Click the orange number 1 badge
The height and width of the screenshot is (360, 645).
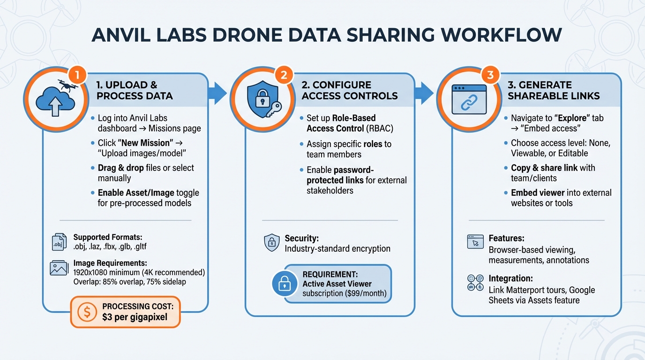click(78, 75)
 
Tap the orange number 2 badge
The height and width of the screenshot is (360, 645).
click(284, 75)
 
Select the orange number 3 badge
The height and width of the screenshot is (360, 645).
click(490, 75)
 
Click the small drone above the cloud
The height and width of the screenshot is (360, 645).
click(66, 84)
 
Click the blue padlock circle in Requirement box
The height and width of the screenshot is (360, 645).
click(285, 284)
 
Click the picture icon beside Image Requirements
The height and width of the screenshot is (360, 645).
click(59, 268)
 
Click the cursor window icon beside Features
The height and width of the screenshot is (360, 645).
click(475, 242)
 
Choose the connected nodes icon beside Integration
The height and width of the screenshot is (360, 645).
click(475, 283)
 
